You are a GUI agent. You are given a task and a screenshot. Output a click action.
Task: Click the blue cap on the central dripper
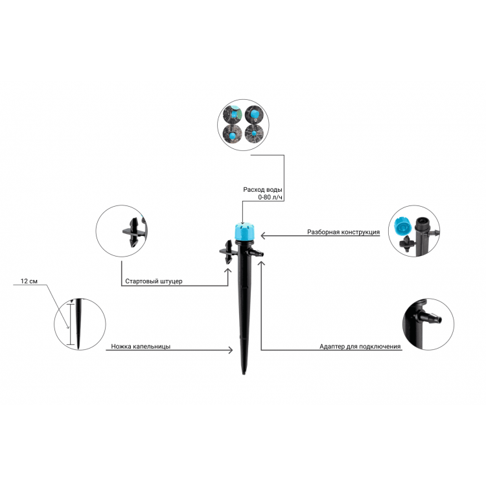point(243,231)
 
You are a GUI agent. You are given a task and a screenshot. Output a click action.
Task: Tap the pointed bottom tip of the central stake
point(244,373)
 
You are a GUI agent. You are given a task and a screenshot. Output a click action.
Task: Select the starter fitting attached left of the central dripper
point(227,251)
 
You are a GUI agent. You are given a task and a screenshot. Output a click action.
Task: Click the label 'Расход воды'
point(262,189)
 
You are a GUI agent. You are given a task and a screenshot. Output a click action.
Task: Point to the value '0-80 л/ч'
point(270,198)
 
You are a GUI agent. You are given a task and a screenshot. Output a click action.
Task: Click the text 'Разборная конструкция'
point(343,232)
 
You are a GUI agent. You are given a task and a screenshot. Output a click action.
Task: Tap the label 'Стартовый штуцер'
point(154,281)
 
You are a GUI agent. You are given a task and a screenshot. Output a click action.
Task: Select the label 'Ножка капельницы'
point(141,346)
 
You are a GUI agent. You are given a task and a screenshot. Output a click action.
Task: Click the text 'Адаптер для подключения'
point(360,346)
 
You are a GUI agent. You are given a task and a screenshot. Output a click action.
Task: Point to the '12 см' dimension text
point(29,281)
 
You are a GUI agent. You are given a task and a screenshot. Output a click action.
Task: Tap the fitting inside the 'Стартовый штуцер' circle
point(134,232)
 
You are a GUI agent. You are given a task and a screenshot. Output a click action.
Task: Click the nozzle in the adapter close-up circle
point(431,318)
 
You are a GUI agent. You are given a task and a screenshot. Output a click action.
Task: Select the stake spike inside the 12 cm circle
point(78,324)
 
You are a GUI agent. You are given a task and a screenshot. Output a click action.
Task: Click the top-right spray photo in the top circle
point(254,114)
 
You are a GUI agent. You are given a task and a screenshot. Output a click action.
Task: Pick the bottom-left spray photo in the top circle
point(232,134)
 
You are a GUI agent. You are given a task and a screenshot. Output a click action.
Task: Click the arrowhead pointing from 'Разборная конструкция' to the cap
point(264,236)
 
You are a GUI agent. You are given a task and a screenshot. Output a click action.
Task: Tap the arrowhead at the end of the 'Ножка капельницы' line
point(230,350)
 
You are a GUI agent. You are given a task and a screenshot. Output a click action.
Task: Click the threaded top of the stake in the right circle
point(422,224)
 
